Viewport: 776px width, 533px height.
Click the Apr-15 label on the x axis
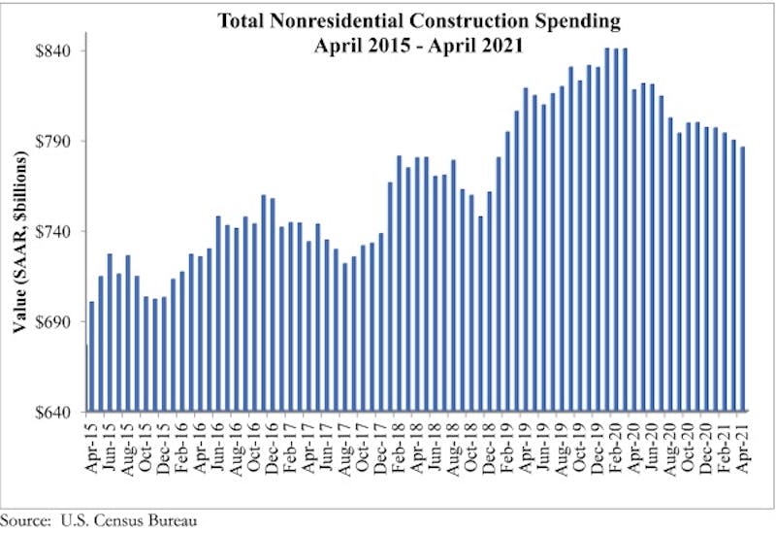(x=93, y=443)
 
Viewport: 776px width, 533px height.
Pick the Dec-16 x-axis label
(x=273, y=443)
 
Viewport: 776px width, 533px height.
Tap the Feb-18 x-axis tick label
(x=399, y=443)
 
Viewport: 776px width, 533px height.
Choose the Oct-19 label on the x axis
(x=579, y=443)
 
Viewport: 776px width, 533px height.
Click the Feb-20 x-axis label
(x=615, y=443)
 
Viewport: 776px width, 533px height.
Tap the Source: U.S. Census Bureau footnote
(x=99, y=520)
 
